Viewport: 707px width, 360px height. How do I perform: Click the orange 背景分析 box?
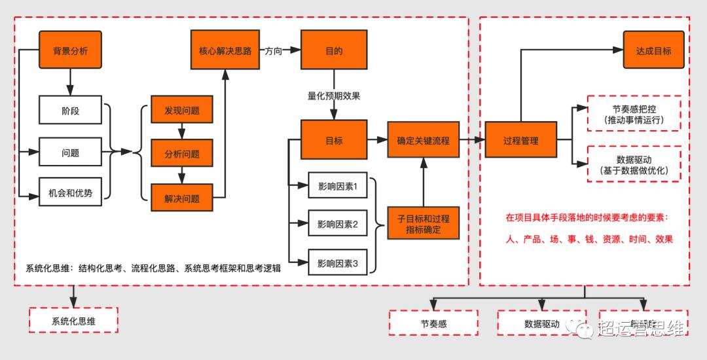coord(71,50)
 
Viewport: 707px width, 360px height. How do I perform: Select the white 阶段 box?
coord(71,111)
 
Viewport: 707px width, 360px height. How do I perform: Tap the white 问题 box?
coord(71,153)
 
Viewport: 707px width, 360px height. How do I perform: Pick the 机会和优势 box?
coord(71,193)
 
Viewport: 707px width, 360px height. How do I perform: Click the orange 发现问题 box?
coord(182,111)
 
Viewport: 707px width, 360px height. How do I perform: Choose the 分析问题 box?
coord(182,154)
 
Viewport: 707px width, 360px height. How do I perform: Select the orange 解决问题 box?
coord(182,198)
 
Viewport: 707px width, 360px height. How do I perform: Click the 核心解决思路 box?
coord(225,50)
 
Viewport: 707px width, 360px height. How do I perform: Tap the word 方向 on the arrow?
coord(274,50)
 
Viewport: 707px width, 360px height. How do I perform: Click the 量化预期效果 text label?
coord(334,96)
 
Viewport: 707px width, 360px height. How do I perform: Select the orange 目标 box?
coord(334,139)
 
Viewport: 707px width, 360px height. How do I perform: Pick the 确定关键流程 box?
coord(423,139)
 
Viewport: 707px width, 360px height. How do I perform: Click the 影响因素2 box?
coord(338,225)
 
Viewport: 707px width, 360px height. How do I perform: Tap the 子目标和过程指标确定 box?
coord(423,225)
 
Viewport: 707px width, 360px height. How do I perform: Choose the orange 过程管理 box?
coord(521,140)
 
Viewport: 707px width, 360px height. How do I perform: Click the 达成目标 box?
coord(653,50)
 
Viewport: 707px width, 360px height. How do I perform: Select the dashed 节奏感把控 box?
coord(634,114)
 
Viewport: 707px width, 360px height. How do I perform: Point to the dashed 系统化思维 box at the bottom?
coord(74,321)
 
